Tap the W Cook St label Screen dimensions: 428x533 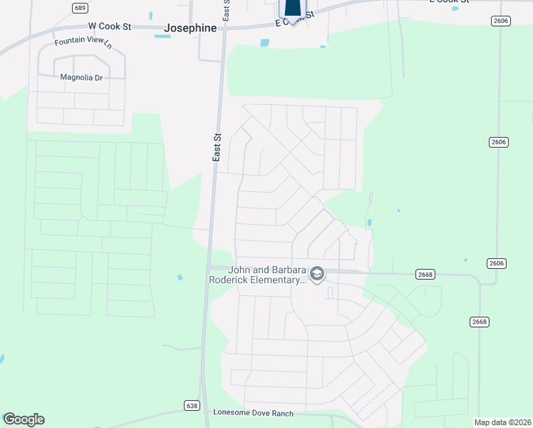pos(110,26)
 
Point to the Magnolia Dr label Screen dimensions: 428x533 pos(81,77)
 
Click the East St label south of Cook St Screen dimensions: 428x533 pos(217,147)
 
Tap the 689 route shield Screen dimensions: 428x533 pos(80,7)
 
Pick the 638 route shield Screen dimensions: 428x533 pos(191,405)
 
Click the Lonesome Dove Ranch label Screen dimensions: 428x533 pos(253,413)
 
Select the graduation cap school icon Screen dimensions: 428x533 pos(317,274)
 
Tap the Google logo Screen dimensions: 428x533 pos(24,419)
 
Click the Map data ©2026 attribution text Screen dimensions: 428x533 pos(502,422)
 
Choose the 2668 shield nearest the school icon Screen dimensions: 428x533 pos(425,274)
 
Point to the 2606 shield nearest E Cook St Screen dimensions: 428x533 pos(500,21)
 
